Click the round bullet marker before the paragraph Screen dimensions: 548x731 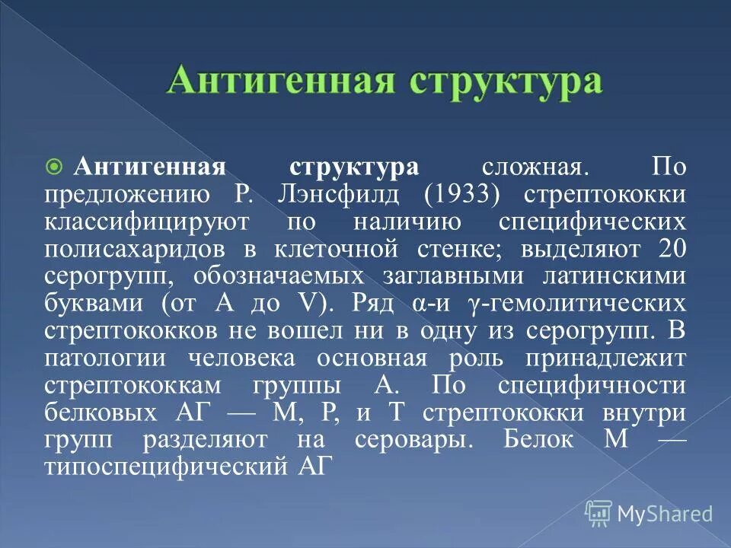pos(54,167)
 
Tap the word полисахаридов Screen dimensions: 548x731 pos(134,250)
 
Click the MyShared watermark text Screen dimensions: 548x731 pos(665,514)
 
